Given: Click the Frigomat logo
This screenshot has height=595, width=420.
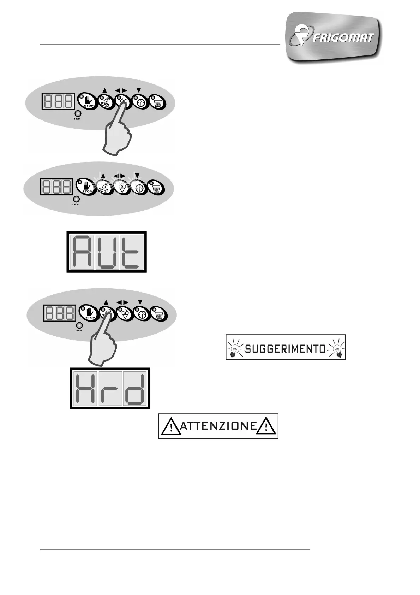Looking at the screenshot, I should click(x=334, y=37).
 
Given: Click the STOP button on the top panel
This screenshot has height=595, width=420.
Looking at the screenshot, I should click(x=86, y=101).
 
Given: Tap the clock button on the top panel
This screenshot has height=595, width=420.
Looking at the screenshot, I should click(x=140, y=102).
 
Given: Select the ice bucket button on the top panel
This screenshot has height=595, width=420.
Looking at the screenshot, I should click(x=157, y=102).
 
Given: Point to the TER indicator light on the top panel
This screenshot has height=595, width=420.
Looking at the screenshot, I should click(x=77, y=114).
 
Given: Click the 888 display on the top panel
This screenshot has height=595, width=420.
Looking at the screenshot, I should click(x=58, y=101).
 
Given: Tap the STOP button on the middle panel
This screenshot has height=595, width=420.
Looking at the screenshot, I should click(x=85, y=187).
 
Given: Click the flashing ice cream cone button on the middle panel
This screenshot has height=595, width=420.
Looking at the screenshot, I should click(x=122, y=187).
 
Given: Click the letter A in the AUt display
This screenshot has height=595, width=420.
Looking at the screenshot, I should click(x=82, y=252).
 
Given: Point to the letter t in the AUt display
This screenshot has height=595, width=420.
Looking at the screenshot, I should click(x=131, y=252).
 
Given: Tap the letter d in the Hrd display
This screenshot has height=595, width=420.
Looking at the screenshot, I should click(x=135, y=388).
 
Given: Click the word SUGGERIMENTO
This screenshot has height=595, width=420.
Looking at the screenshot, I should click(x=285, y=349).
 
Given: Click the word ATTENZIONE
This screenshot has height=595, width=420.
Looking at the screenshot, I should click(x=218, y=426).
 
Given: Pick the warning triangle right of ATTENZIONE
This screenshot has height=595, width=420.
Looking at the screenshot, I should click(x=266, y=427).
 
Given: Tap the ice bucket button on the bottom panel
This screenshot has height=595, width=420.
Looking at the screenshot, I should click(x=159, y=314).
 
